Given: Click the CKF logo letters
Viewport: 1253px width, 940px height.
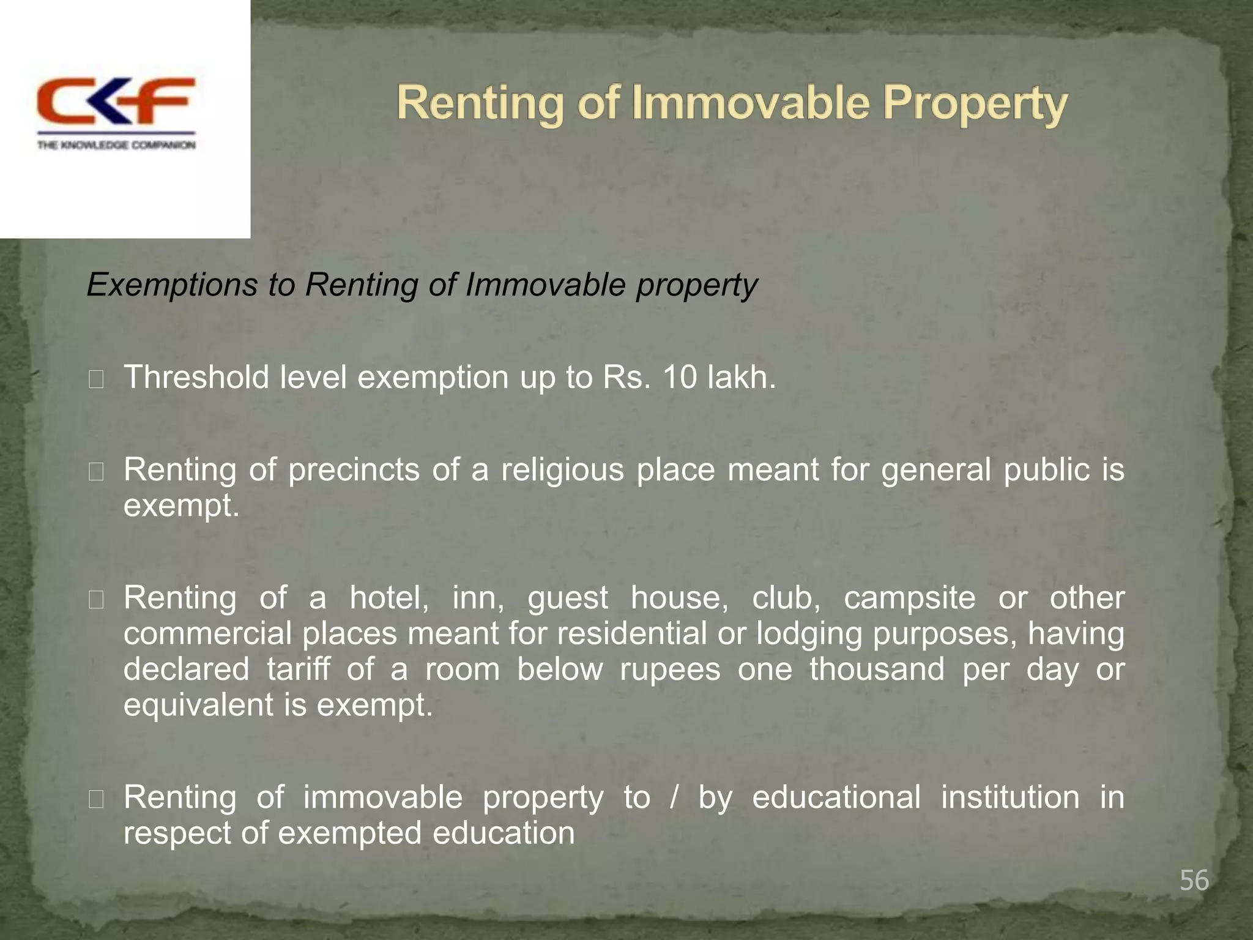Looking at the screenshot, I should tap(116, 101).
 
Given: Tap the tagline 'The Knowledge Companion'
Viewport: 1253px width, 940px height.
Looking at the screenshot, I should tap(116, 145).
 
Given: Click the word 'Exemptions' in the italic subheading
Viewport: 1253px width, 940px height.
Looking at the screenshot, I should tap(172, 285).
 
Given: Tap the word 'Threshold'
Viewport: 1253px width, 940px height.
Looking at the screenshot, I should tap(196, 377).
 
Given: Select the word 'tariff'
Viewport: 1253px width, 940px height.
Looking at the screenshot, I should tap(298, 669).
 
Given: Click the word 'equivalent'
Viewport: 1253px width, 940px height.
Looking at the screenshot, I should tap(198, 705).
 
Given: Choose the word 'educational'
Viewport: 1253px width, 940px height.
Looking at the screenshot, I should tap(836, 797).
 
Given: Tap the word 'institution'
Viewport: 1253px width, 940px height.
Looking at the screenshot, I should tap(1010, 797).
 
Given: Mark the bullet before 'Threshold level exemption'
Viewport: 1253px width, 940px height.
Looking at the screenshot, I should tap(96, 380).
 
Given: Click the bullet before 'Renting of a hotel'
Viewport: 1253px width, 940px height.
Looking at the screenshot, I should tap(96, 600).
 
